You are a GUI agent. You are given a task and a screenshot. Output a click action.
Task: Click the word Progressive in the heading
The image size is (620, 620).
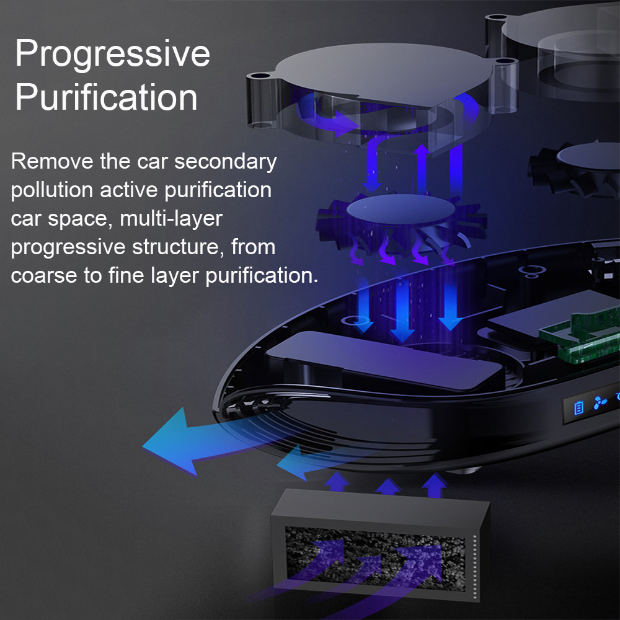click(x=112, y=54)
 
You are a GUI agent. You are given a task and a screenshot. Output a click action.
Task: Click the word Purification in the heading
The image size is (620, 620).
click(x=106, y=97)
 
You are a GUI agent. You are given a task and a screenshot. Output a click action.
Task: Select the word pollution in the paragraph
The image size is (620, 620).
click(x=52, y=190)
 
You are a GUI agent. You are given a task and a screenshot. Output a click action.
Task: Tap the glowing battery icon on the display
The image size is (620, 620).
click(x=578, y=407)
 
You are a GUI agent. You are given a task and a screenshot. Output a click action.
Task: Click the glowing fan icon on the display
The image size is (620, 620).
click(x=600, y=404)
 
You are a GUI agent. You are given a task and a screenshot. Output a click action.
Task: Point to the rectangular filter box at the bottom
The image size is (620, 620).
click(x=378, y=546)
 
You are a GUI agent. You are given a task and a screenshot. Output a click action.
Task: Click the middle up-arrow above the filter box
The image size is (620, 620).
click(x=387, y=485)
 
